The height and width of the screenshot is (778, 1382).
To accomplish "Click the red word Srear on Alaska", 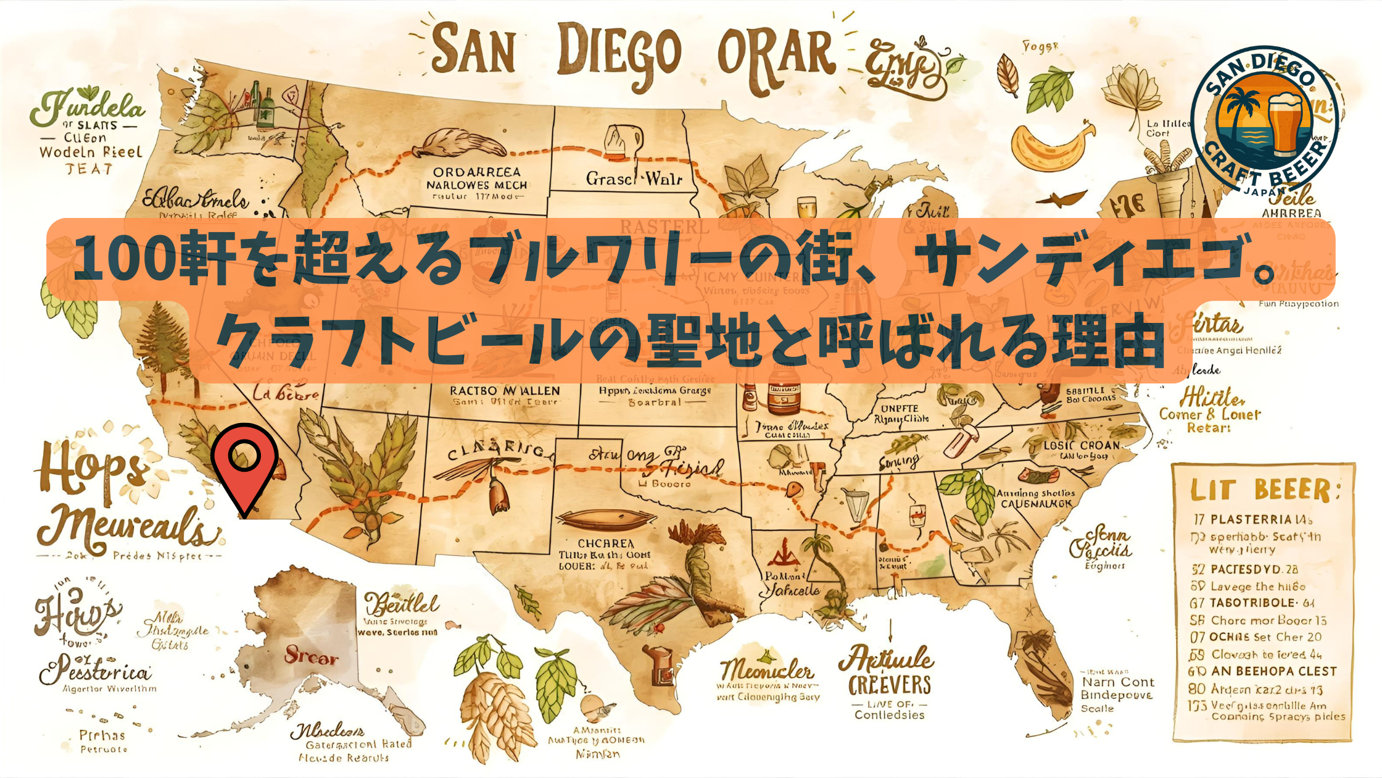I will (311, 656).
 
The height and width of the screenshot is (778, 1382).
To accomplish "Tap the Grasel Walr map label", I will (634, 179).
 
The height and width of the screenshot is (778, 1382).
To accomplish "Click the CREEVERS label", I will (889, 685).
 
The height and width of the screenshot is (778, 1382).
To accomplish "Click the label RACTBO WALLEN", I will (505, 391).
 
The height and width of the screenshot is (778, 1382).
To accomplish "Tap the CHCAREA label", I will (605, 543).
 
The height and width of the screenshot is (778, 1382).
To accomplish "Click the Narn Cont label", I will (1117, 682).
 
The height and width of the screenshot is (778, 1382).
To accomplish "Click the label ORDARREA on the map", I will (476, 172).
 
